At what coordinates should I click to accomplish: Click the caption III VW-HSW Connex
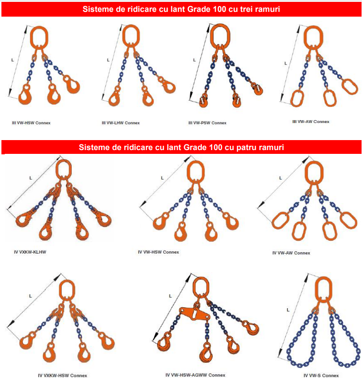(31, 123)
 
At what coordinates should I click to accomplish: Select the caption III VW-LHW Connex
(121, 123)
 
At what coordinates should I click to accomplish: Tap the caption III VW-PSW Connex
(208, 123)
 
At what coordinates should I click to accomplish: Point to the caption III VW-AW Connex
(311, 122)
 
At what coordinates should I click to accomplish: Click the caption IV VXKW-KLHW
(30, 252)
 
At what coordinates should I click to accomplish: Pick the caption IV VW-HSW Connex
(159, 252)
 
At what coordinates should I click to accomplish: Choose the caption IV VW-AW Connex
(291, 253)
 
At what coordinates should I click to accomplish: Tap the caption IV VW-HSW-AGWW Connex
(195, 375)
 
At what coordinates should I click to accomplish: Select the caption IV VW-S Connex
(321, 375)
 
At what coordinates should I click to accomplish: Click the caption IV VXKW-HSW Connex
(62, 375)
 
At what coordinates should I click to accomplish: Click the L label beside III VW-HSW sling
(12, 60)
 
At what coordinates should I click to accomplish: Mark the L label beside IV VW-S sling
(288, 310)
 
